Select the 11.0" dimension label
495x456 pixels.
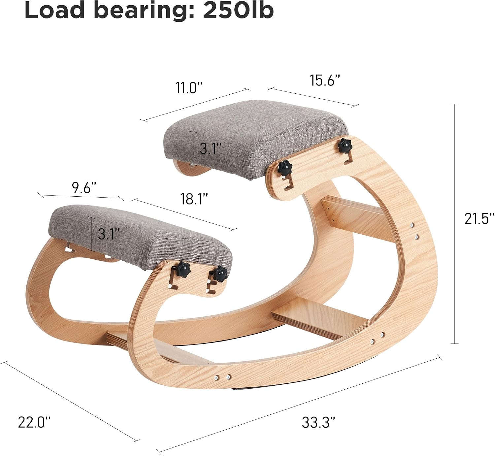189,88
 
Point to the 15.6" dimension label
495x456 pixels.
325,80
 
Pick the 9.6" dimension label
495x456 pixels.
84,188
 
